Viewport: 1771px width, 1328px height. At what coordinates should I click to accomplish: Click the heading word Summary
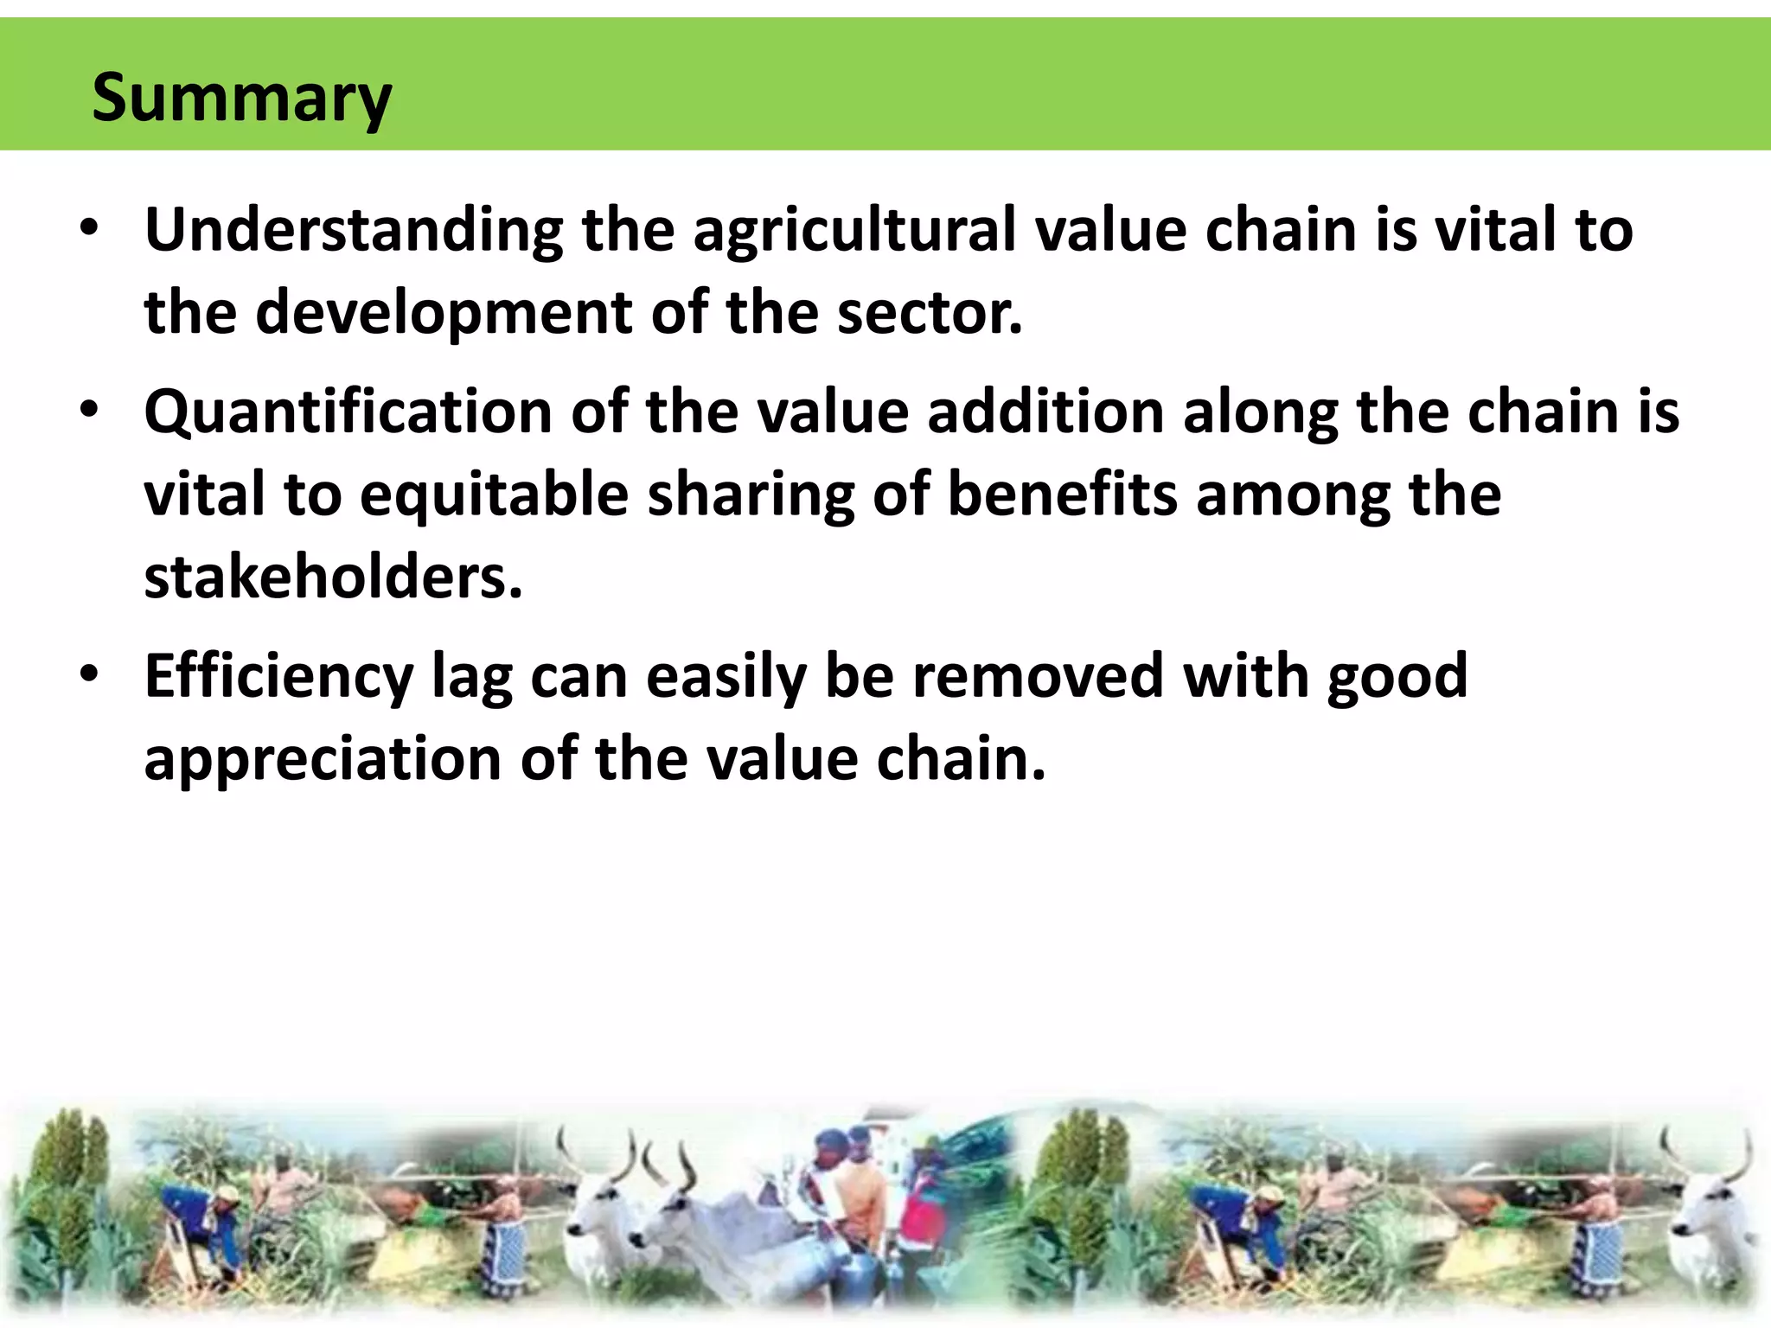(x=241, y=98)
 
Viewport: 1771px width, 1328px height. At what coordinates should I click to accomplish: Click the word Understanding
(x=354, y=231)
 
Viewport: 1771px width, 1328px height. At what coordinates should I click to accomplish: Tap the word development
(x=444, y=313)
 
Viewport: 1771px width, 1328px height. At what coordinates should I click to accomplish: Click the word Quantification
(x=348, y=412)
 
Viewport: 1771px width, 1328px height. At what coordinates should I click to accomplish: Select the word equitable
(x=494, y=495)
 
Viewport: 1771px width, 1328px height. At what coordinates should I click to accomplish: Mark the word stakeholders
(x=333, y=577)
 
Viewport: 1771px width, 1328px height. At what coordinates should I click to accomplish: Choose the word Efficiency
(x=278, y=676)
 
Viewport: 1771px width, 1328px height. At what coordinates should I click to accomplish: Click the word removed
(x=1038, y=676)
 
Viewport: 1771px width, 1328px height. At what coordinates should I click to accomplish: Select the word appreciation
(x=323, y=759)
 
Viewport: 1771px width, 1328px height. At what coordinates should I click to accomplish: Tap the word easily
(x=726, y=676)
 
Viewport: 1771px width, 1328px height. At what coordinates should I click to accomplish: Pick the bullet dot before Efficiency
(x=90, y=675)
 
